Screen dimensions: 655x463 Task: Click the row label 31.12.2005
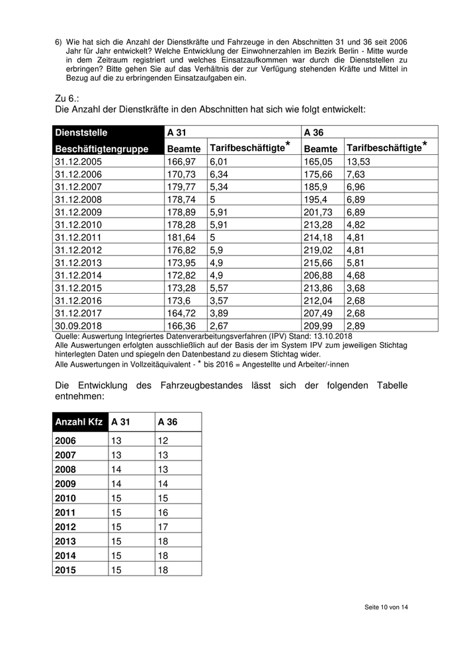pos(78,161)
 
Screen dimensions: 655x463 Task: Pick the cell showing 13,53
pos(358,161)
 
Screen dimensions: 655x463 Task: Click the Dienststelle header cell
pos(81,132)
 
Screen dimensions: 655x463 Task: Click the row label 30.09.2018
pos(78,326)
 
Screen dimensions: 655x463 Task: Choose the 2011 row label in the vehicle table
pos(65,512)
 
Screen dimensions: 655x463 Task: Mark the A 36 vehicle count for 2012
pos(163,527)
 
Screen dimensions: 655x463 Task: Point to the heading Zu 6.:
pos(67,97)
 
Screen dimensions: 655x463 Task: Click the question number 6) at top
pos(58,42)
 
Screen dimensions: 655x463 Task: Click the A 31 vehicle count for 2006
pos(116,441)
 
